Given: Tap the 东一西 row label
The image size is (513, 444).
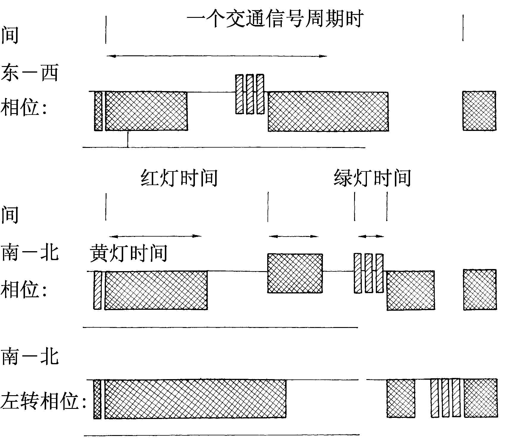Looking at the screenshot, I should (x=29, y=73).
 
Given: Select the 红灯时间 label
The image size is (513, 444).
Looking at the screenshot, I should (x=179, y=178).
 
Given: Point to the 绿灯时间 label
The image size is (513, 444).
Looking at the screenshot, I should (x=372, y=178).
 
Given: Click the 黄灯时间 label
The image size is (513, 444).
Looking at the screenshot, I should (x=129, y=253).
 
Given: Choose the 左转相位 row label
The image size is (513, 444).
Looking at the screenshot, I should (x=43, y=401).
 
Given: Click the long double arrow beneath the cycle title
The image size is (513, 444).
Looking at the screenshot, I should (x=217, y=56).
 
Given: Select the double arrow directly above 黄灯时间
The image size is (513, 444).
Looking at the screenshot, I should (x=155, y=236).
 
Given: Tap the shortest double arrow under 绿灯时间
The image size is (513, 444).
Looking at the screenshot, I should (x=371, y=236).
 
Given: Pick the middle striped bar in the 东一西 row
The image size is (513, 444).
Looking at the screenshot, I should (x=250, y=94).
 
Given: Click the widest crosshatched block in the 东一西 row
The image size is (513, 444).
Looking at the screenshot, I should (x=328, y=112).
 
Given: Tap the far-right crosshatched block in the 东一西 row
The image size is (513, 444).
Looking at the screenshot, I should (x=479, y=111).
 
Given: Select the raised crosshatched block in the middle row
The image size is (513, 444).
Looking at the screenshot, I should (x=295, y=273).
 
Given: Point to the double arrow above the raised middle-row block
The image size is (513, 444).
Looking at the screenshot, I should (x=294, y=236).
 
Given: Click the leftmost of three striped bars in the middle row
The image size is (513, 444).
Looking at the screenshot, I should (x=358, y=273).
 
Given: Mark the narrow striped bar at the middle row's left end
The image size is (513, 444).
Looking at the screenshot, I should (x=97, y=290).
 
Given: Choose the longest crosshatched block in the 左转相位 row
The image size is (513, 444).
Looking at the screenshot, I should (x=195, y=399).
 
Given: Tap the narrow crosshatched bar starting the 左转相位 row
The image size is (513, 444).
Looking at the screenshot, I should (x=97, y=399).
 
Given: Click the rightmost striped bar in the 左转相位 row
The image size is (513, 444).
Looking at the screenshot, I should (x=456, y=398).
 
